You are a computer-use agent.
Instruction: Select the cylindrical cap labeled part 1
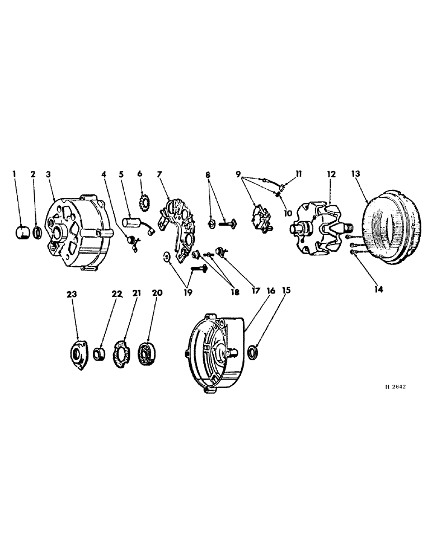click(22, 231)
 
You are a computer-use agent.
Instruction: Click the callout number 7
click(160, 174)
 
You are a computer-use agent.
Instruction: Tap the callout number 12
click(331, 174)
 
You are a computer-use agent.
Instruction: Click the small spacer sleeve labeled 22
click(100, 354)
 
